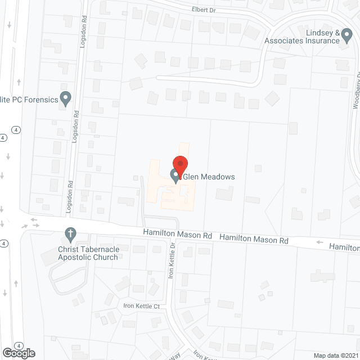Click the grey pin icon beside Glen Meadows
pos(175,177)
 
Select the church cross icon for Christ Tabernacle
pos(70,233)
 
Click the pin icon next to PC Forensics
pos(66,99)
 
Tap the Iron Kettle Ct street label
pos(142,307)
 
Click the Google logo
pos(18,353)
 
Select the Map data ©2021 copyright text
pos(335,355)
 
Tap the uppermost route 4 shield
pos(3,137)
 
